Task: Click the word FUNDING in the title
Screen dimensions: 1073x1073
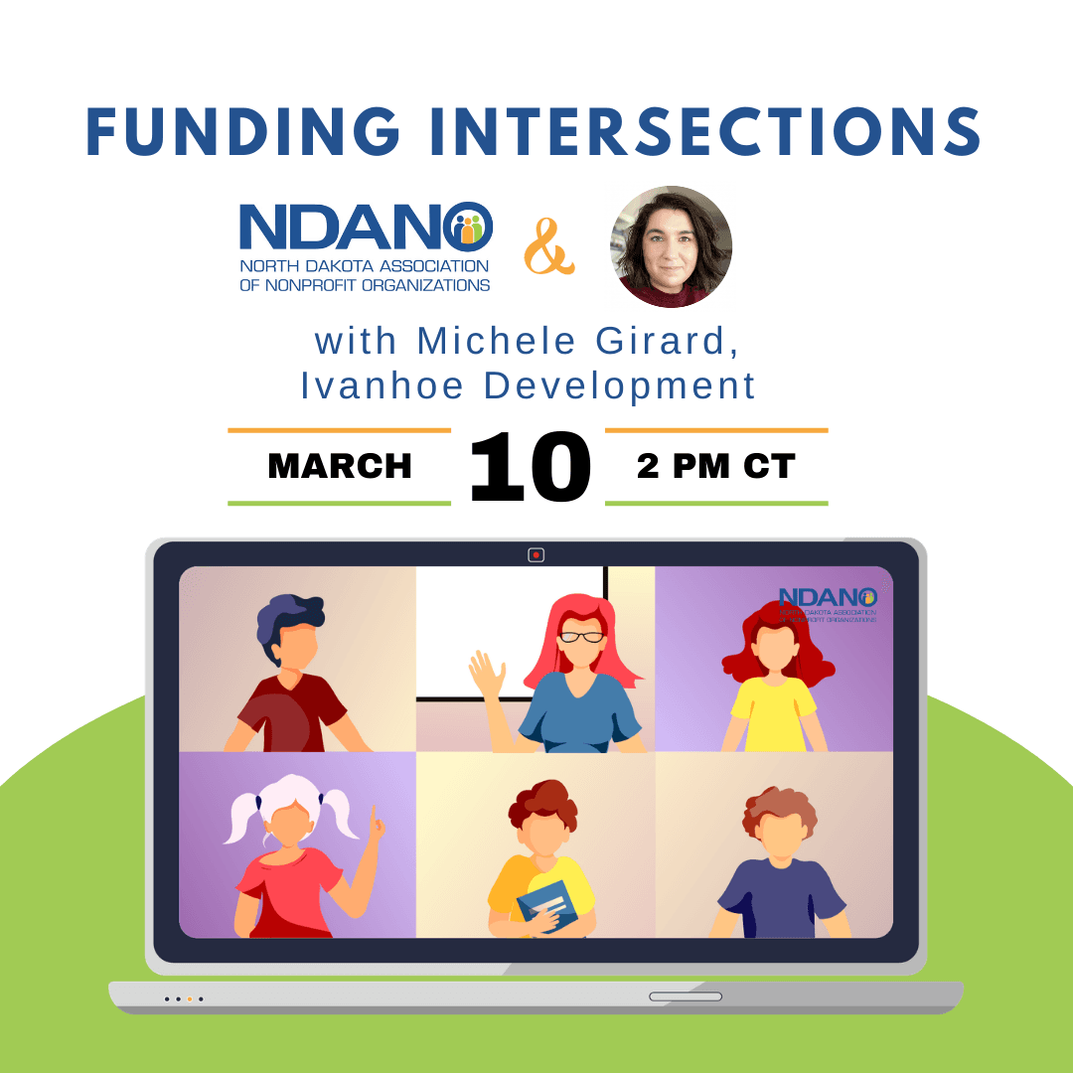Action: coord(243,131)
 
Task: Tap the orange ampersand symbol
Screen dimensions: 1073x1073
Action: coord(548,246)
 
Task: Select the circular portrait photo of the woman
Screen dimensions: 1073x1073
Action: coord(671,246)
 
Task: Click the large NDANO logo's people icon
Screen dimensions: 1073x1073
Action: coord(468,228)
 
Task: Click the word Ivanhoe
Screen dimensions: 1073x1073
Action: coord(383,385)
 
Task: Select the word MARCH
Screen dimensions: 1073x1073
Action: coord(340,466)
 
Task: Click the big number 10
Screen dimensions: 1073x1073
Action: coord(531,467)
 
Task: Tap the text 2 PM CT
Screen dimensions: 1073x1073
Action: coord(715,466)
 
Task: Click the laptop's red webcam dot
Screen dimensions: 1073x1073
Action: coord(536,555)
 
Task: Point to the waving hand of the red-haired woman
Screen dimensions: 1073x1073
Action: coord(487,674)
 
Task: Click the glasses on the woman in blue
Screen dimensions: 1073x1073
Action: coord(581,637)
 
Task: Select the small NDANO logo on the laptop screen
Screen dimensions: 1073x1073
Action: coord(828,605)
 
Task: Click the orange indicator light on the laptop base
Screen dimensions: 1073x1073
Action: coord(190,999)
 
